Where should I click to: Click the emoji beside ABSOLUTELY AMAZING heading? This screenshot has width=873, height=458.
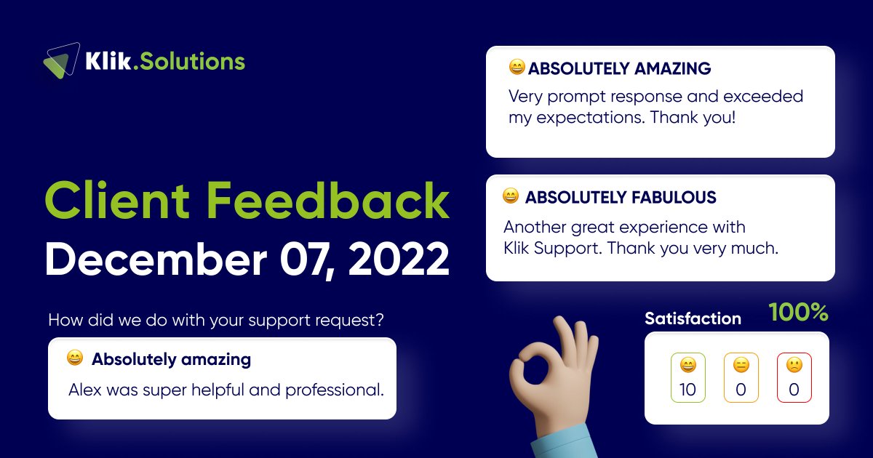tap(517, 68)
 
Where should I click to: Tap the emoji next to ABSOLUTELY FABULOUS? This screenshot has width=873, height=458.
tap(511, 196)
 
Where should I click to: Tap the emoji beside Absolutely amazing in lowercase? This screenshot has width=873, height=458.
tap(74, 358)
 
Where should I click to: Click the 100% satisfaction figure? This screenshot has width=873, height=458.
tap(798, 313)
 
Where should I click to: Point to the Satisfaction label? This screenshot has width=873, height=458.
tap(693, 318)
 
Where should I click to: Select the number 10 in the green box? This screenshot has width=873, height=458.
tap(687, 390)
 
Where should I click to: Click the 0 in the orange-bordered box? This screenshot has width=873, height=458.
tap(741, 390)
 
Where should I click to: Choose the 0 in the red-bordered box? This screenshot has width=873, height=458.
tap(794, 390)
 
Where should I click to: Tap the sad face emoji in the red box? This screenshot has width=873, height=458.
tap(794, 365)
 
